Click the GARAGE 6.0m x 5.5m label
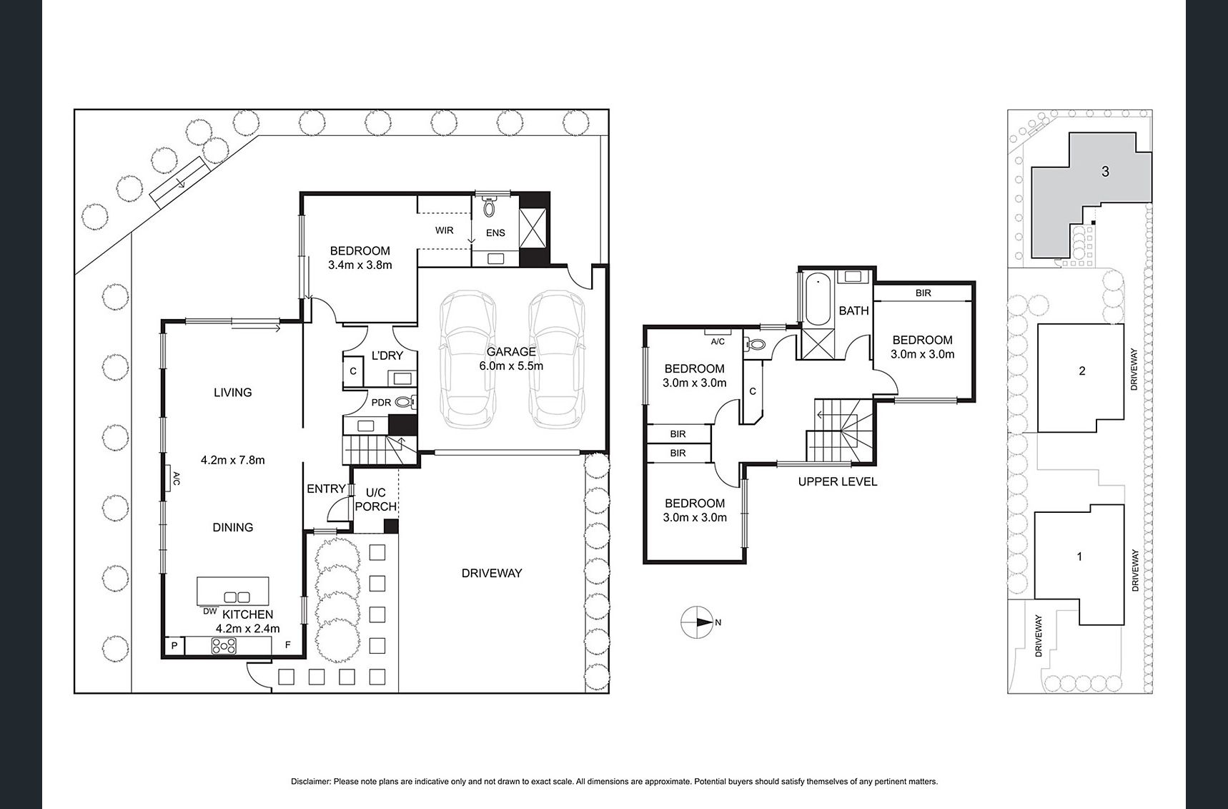tap(510, 358)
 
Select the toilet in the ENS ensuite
tap(490, 207)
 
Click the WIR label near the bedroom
tap(444, 230)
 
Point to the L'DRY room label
tap(387, 356)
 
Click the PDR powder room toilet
tap(405, 402)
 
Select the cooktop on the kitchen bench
tap(224, 646)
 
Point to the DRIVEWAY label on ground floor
tap(491, 573)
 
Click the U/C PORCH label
tap(375, 499)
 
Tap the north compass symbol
tap(697, 622)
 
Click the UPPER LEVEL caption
tap(837, 481)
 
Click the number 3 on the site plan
tap(1105, 172)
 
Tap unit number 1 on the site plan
tap(1079, 556)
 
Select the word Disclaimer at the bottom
tap(311, 782)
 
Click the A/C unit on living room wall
tap(172, 479)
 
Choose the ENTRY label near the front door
tap(326, 489)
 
